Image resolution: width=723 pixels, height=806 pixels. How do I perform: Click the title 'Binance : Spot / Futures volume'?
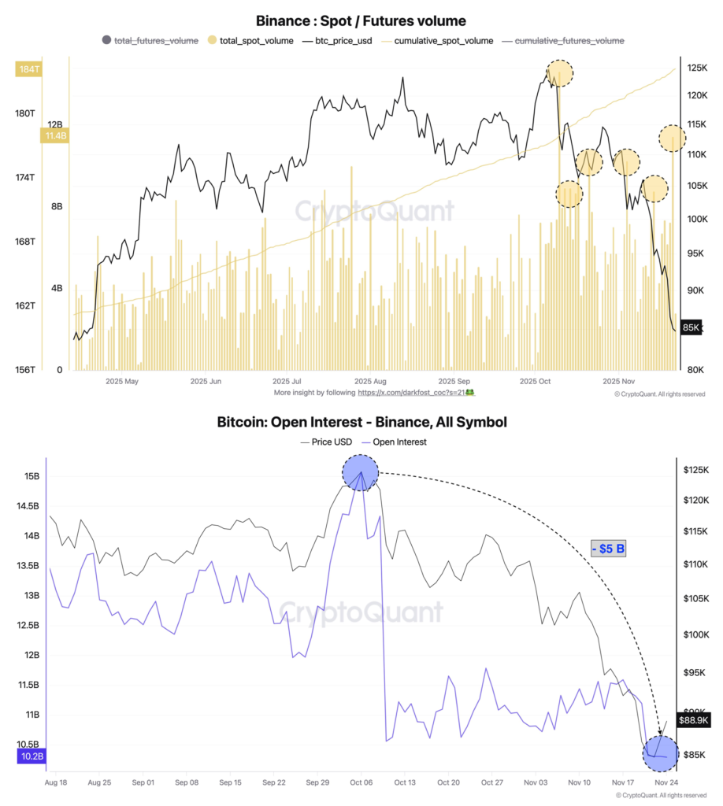point(361,21)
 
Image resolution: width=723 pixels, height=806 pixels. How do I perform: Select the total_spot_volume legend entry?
point(250,40)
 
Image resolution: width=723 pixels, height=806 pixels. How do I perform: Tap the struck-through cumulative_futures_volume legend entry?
point(569,40)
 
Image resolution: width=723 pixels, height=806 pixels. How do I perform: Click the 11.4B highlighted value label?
point(54,136)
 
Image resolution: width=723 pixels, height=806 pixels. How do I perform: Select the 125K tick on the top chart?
point(696,69)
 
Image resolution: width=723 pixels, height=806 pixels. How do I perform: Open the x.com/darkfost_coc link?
point(412,391)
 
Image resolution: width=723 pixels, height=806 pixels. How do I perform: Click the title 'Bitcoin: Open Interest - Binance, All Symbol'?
point(361,423)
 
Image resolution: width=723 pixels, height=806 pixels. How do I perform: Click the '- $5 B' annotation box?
point(608,549)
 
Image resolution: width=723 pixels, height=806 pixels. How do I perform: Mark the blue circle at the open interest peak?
point(360,474)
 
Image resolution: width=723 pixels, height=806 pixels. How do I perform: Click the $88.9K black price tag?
point(693,719)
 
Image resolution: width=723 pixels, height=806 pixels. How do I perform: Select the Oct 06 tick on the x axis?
point(361,783)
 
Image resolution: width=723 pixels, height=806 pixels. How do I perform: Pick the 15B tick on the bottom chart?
point(32,476)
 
